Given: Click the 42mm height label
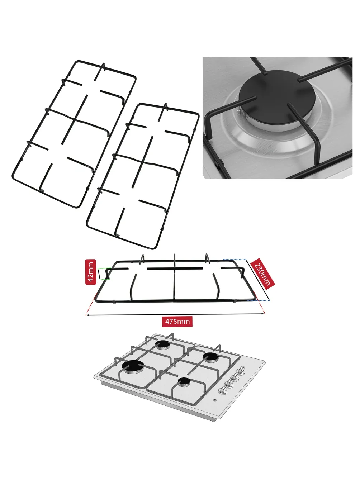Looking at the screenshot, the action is click(91, 272).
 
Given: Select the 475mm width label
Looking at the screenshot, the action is click(177, 322).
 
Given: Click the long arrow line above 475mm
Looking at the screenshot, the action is click(175, 315).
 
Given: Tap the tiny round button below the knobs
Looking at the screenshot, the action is click(215, 400).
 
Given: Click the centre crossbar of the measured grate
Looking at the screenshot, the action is click(175, 268).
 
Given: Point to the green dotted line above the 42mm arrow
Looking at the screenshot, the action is click(104, 268).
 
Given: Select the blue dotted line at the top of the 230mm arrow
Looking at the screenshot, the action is click(235, 260).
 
